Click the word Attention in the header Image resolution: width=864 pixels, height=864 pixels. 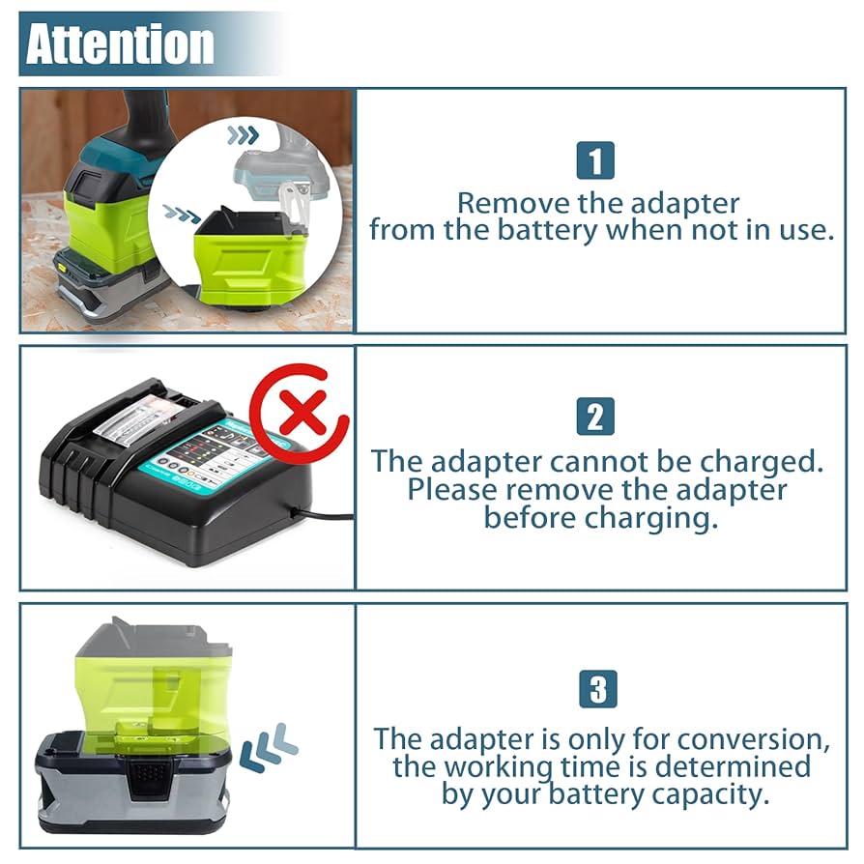[x=120, y=44]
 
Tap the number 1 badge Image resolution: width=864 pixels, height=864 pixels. [x=595, y=160]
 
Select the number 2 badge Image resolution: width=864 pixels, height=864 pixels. [x=595, y=417]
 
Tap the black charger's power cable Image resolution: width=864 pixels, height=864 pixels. [x=328, y=515]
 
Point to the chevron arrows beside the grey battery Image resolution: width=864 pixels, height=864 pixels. [x=268, y=747]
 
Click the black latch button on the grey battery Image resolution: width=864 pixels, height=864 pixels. [x=147, y=774]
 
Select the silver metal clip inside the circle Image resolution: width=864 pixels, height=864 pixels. [x=295, y=203]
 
